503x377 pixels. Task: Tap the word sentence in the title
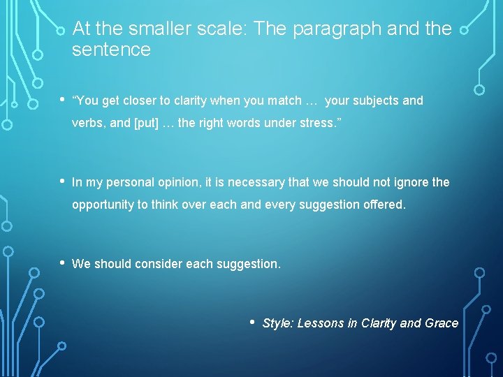[x=111, y=50]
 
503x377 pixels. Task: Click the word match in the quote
[x=282, y=101]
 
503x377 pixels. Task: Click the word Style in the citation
[x=277, y=323]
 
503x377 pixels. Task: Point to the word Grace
[x=442, y=323]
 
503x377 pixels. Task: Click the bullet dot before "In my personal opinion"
[x=61, y=182]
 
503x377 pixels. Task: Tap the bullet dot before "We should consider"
[x=61, y=263]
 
